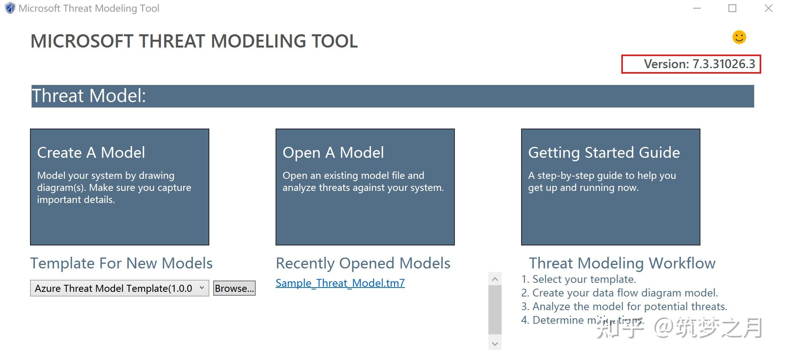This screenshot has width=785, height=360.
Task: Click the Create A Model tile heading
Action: point(91,152)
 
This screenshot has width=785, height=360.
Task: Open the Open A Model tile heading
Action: point(333,152)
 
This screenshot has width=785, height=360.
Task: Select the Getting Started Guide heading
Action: point(604,152)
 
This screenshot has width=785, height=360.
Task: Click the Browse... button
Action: point(234,288)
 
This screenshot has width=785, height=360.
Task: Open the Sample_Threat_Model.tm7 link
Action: point(340,283)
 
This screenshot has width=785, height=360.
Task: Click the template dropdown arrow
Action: point(202,288)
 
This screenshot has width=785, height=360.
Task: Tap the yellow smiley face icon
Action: point(739,37)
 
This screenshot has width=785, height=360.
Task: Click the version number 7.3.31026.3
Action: point(723,64)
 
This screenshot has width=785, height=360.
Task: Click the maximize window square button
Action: point(732,8)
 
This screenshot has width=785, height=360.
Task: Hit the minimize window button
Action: point(697,8)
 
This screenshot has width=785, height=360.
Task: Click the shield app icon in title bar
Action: point(10,8)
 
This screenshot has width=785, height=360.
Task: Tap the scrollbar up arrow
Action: point(495,279)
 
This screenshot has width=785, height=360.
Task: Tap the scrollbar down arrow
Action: point(495,344)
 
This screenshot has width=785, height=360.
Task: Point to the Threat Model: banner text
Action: point(89,96)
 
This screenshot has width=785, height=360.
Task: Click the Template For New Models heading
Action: point(121,263)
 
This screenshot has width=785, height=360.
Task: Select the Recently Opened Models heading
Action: point(363,263)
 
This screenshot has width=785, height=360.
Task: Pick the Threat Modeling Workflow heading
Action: point(622,263)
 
